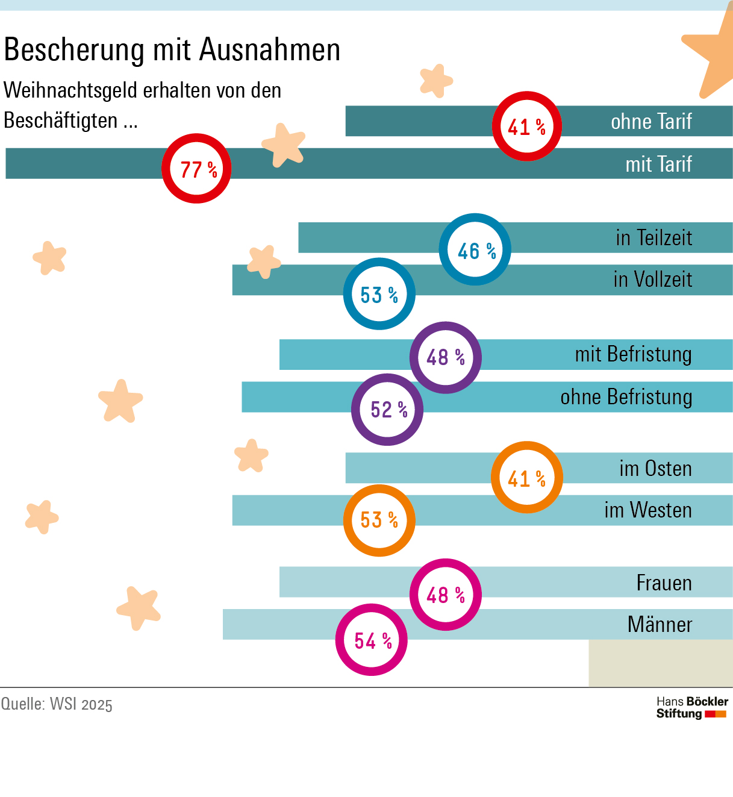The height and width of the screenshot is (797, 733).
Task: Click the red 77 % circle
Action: point(196,169)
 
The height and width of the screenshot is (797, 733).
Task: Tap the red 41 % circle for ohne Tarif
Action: point(527,127)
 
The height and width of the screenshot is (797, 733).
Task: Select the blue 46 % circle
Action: point(475,249)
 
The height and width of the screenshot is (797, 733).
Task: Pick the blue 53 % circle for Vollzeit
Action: point(379,294)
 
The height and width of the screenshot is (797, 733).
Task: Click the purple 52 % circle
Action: point(387,410)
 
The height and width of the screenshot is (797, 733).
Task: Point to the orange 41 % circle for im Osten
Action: point(527,478)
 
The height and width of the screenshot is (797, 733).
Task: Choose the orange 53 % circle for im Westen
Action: point(379,520)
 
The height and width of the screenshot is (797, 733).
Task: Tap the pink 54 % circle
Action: point(372,640)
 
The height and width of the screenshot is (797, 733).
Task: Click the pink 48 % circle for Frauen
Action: point(446,595)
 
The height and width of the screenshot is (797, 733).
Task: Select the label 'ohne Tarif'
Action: point(651,122)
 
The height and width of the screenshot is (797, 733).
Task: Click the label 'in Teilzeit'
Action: point(653,238)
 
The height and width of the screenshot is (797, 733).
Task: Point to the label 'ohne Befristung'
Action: point(626,397)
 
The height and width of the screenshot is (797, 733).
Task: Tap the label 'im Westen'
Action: point(647,510)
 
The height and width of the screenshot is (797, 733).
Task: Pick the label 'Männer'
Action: point(660,624)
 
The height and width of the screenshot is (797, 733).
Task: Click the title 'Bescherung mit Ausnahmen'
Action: point(172,49)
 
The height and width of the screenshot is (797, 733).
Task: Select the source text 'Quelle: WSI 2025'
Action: point(57,704)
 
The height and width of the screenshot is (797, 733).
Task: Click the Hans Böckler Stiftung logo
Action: point(691,708)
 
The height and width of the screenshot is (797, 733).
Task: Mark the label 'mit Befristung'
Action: point(633,354)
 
